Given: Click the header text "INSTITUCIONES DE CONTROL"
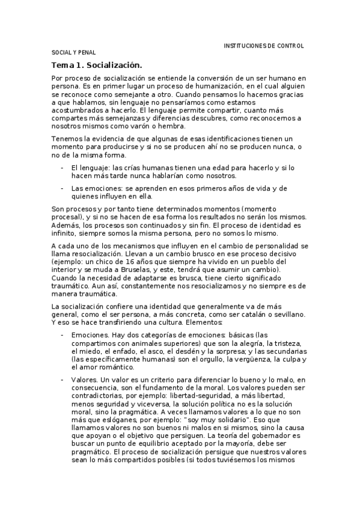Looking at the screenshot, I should (x=263, y=46).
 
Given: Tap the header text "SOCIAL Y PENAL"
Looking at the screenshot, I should (x=74, y=53).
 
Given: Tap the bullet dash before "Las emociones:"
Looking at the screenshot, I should (x=63, y=188).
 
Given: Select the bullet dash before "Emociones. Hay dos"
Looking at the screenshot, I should (x=63, y=334).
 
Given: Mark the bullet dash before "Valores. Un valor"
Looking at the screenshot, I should (x=63, y=379).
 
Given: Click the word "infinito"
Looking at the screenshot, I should (x=67, y=233).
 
